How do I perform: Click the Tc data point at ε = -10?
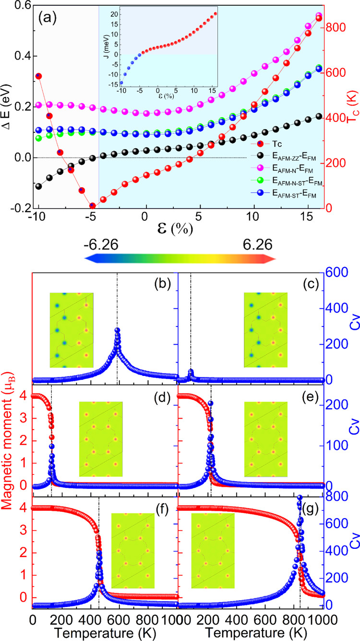[38, 76]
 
